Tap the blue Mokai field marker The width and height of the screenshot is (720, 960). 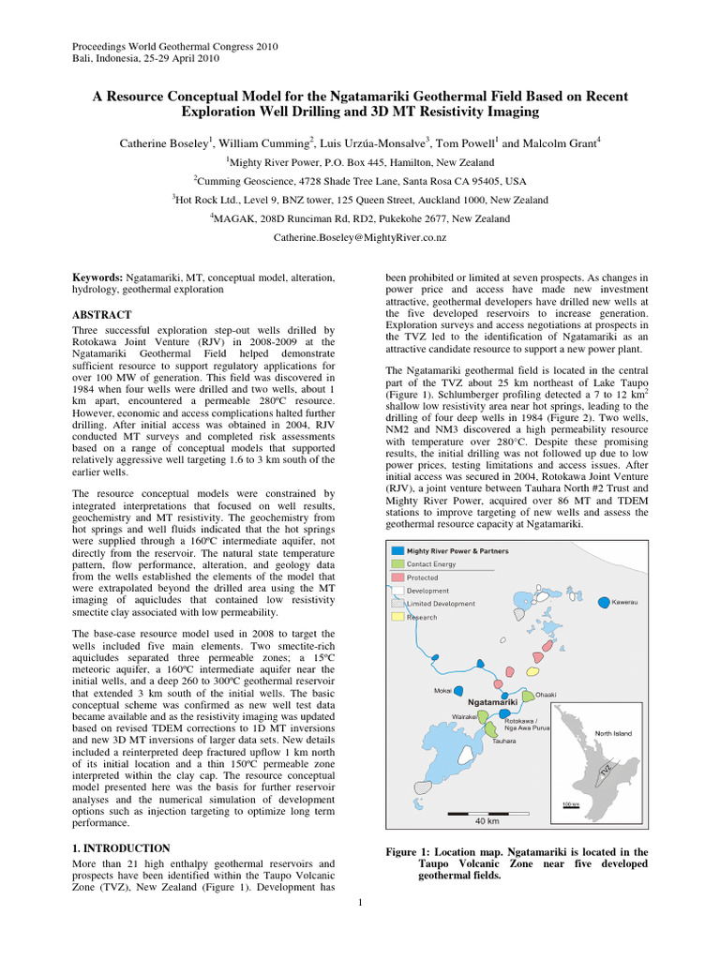pyautogui.click(x=458, y=690)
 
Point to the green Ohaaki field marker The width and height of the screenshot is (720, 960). pyautogui.click(x=528, y=696)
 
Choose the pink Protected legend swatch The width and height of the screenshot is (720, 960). pyautogui.click(x=397, y=577)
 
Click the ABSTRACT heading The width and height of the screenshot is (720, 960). pyautogui.click(x=102, y=315)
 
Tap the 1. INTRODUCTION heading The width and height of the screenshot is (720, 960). pyautogui.click(x=121, y=847)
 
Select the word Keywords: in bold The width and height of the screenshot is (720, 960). pyautogui.click(x=98, y=278)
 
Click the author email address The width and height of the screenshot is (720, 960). pyautogui.click(x=360, y=239)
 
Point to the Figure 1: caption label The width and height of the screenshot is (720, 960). pyautogui.click(x=413, y=852)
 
